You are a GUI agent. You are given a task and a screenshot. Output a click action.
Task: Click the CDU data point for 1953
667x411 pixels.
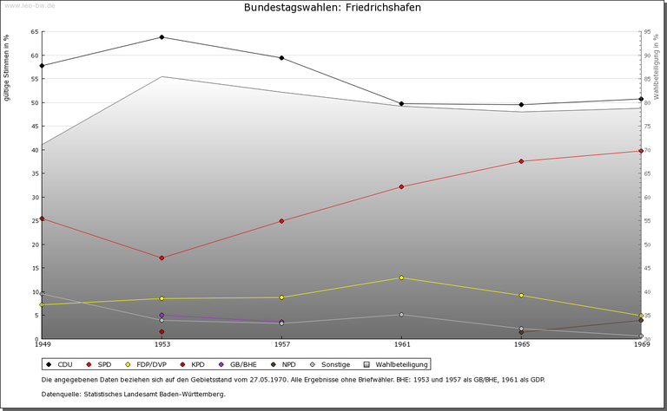pyautogui.click(x=162, y=37)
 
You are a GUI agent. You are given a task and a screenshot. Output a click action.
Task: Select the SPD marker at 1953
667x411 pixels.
pyautogui.click(x=162, y=258)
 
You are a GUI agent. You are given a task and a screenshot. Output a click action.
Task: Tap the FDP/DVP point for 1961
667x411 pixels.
pyautogui.click(x=401, y=277)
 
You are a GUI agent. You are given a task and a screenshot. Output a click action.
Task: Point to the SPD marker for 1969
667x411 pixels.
pyautogui.click(x=641, y=151)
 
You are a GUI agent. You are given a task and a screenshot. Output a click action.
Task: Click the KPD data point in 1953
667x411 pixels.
pyautogui.click(x=162, y=331)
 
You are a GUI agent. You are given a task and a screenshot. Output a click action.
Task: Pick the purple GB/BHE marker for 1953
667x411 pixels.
pyautogui.click(x=162, y=316)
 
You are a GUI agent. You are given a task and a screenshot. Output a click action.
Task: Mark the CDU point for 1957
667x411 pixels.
pyautogui.click(x=281, y=58)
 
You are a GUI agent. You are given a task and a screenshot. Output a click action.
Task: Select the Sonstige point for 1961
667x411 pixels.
pyautogui.click(x=401, y=315)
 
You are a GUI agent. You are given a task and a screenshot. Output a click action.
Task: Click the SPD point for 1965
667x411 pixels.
pyautogui.click(x=521, y=161)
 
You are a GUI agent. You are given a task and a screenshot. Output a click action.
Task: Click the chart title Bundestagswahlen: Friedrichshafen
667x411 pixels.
pyautogui.click(x=333, y=8)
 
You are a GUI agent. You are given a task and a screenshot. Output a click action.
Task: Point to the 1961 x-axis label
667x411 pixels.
pyautogui.click(x=401, y=345)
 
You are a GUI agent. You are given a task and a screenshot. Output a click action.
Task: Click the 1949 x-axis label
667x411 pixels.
pyautogui.click(x=43, y=345)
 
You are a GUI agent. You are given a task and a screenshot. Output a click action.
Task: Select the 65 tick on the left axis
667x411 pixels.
pyautogui.click(x=34, y=32)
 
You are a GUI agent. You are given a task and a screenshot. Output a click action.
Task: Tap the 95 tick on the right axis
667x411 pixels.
pyautogui.click(x=647, y=32)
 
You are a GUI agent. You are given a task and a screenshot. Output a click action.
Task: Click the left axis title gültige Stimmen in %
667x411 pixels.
pyautogui.click(x=8, y=67)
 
